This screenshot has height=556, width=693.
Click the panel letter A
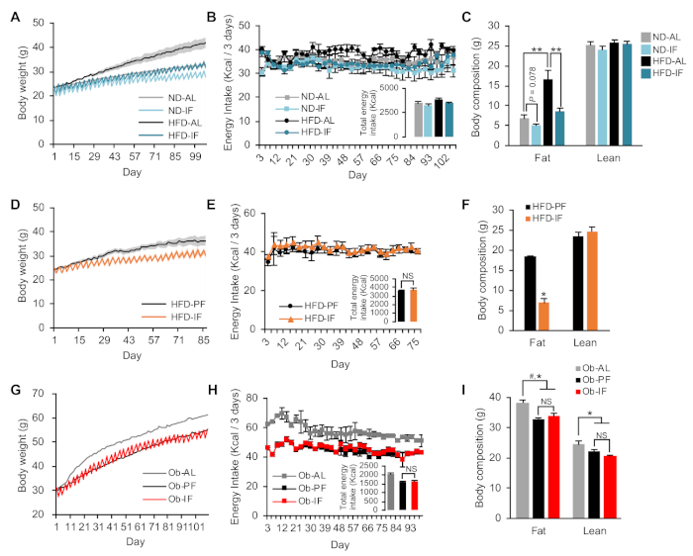[x=7, y=13]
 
